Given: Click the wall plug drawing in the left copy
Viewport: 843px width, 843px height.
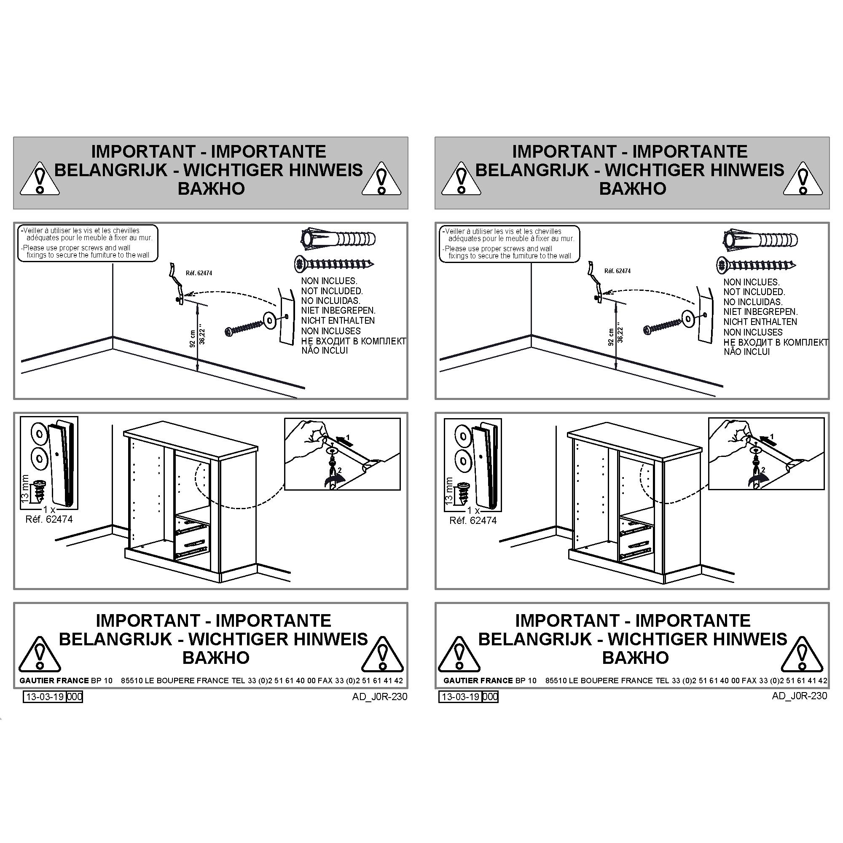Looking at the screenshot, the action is tap(338, 239).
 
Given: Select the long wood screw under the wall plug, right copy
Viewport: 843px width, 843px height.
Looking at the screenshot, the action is tap(756, 265).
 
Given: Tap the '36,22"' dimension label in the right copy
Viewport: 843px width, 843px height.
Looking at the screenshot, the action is tap(620, 335).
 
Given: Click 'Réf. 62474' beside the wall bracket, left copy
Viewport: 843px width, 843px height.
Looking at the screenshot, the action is tap(199, 273).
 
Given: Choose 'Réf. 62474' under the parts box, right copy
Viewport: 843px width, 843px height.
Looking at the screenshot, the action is tap(473, 520).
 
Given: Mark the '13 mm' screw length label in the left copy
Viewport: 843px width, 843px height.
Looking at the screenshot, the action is tap(25, 489).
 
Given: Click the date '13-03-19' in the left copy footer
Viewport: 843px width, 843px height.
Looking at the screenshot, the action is tap(45, 696).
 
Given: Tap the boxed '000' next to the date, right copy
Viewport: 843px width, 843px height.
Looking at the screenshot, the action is tap(491, 696).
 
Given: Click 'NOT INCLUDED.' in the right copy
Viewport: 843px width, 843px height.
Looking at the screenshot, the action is tap(754, 292).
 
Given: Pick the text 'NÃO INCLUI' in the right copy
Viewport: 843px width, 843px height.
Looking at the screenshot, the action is tap(746, 352).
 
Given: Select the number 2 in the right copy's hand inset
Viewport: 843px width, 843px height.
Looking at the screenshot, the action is tap(763, 470).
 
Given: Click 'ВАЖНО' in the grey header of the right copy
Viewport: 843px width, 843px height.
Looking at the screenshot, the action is tap(633, 188).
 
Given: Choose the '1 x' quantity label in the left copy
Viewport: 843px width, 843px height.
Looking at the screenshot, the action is tap(49, 509).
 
